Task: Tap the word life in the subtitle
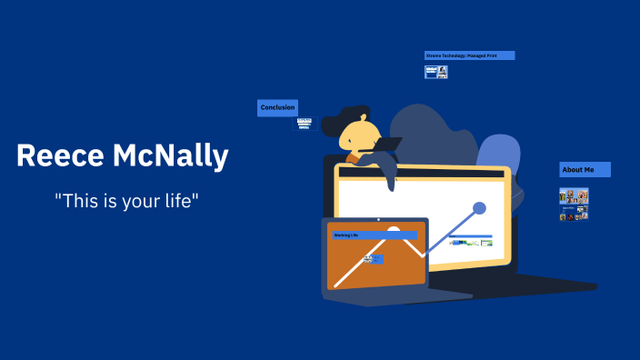pyautogui.click(x=177, y=202)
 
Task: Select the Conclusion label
pyautogui.click(x=277, y=108)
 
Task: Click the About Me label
pyautogui.click(x=585, y=170)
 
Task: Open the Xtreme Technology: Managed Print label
pyautogui.click(x=469, y=55)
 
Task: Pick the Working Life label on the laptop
pyautogui.click(x=374, y=235)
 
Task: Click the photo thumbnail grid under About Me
pyautogui.click(x=574, y=204)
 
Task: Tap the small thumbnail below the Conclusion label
pyautogui.click(x=304, y=124)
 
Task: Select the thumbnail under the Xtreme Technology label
pyautogui.click(x=436, y=72)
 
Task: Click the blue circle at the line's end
pyautogui.click(x=479, y=208)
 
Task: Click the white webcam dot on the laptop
pyautogui.click(x=377, y=220)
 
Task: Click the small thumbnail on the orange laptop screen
pyautogui.click(x=373, y=259)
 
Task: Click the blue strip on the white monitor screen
pyautogui.click(x=470, y=236)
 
